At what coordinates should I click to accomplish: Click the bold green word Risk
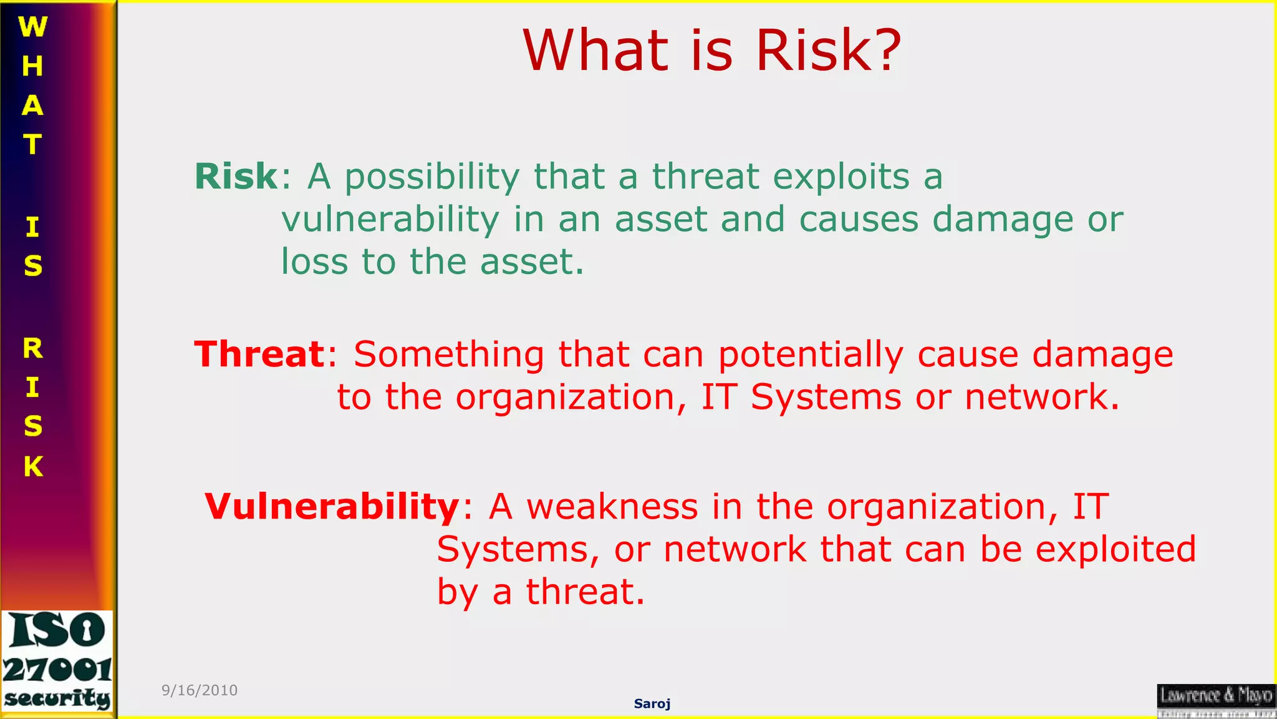(x=236, y=177)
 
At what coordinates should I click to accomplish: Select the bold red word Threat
(x=259, y=355)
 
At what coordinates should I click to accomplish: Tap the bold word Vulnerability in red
(x=332, y=506)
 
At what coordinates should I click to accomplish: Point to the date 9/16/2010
(x=200, y=690)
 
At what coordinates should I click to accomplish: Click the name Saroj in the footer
(x=652, y=703)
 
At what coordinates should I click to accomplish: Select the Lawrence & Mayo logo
(x=1216, y=700)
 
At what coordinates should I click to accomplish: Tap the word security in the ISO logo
(x=57, y=698)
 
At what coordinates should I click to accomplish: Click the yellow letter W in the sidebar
(x=32, y=27)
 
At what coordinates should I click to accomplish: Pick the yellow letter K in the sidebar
(x=33, y=466)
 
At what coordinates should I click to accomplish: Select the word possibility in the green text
(x=431, y=177)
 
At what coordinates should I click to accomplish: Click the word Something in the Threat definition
(x=449, y=355)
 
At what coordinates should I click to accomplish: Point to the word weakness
(x=612, y=506)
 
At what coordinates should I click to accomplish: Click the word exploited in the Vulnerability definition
(x=1116, y=549)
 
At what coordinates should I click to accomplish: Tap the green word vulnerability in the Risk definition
(x=390, y=220)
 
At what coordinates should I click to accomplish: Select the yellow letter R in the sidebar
(x=33, y=348)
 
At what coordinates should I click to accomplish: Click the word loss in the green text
(x=314, y=262)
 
